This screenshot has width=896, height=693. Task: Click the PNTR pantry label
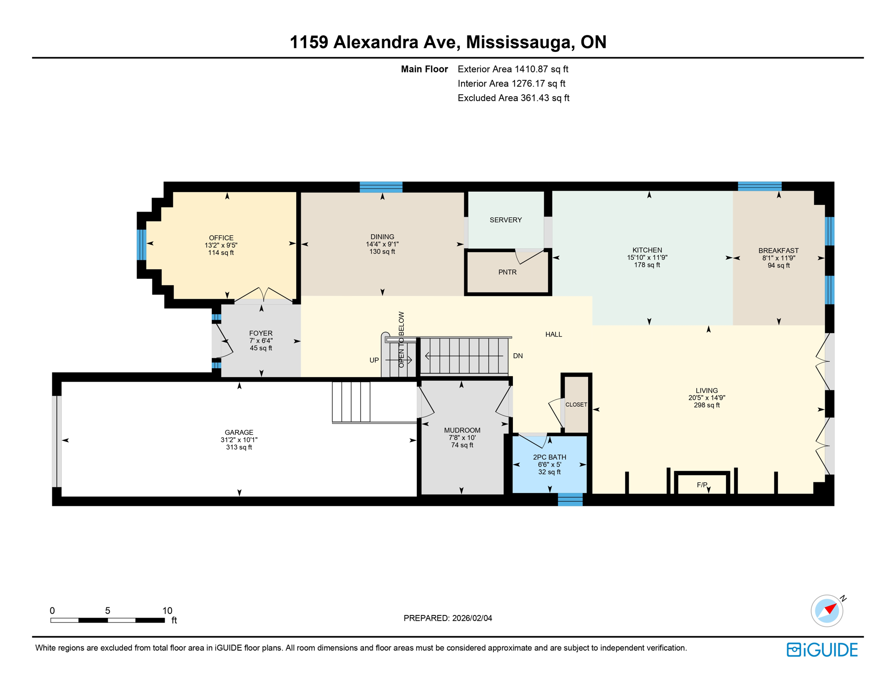point(507,272)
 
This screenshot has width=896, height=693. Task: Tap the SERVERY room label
point(505,220)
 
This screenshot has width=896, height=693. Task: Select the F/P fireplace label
point(701,485)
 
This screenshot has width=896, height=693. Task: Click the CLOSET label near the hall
point(576,405)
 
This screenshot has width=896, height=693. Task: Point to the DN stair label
point(517,356)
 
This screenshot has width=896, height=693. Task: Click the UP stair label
point(374,360)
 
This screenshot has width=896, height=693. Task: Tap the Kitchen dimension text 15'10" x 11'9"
point(647,258)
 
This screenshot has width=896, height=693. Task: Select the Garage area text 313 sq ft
point(239,447)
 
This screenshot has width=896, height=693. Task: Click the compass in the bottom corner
point(827,611)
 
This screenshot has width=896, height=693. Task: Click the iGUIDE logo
point(822,650)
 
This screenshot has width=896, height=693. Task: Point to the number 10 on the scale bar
point(167,610)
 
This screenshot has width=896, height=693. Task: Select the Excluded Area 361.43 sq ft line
point(513,98)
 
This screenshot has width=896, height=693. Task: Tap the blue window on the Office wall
point(142,245)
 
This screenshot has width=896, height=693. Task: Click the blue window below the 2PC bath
point(570,499)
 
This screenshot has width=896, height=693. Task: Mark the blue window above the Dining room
point(381,187)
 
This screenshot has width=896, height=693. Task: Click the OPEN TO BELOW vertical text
point(401,339)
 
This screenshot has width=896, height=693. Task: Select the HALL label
point(553,334)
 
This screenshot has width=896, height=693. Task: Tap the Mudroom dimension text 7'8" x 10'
point(462,438)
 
